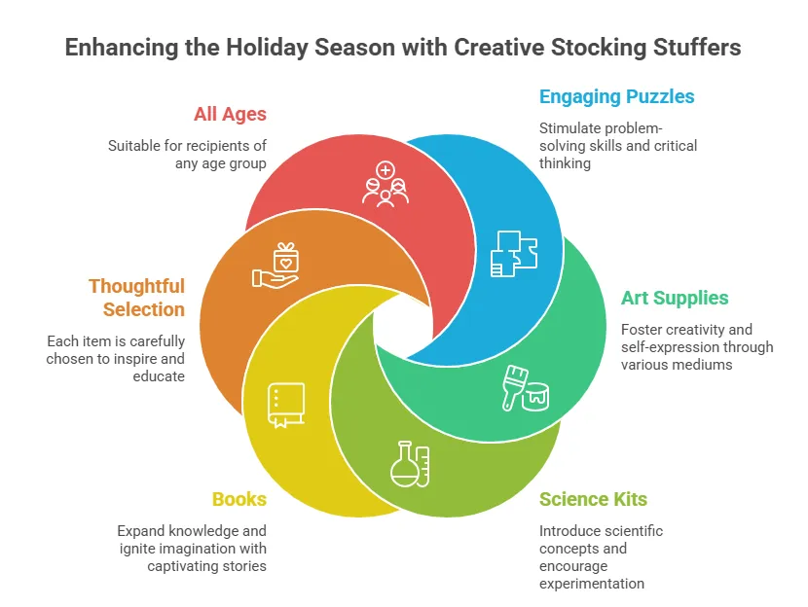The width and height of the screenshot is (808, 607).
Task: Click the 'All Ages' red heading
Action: pyautogui.click(x=230, y=114)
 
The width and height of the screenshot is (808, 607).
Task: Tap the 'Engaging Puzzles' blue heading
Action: pyautogui.click(x=617, y=97)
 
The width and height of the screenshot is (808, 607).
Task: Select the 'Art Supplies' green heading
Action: pyautogui.click(x=675, y=298)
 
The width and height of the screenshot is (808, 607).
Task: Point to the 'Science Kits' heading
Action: pyautogui.click(x=593, y=499)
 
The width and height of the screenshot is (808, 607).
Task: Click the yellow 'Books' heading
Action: pyautogui.click(x=239, y=499)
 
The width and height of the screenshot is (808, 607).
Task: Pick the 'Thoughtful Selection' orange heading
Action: pyautogui.click(x=136, y=298)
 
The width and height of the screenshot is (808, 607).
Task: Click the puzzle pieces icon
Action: pyautogui.click(x=514, y=254)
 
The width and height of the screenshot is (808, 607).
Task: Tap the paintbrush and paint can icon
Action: pyautogui.click(x=525, y=388)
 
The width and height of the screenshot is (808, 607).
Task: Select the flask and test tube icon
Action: pyautogui.click(x=410, y=464)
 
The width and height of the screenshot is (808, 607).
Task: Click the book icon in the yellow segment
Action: pyautogui.click(x=286, y=406)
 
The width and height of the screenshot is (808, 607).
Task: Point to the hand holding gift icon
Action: pyautogui.click(x=275, y=266)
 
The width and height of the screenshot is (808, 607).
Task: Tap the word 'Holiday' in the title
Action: pyautogui.click(x=267, y=48)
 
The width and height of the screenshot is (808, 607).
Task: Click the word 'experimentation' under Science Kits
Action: pyautogui.click(x=592, y=584)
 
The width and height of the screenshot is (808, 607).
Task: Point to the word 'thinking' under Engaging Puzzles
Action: pyautogui.click(x=565, y=163)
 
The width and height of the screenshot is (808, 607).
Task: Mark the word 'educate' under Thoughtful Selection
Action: pyautogui.click(x=159, y=376)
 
